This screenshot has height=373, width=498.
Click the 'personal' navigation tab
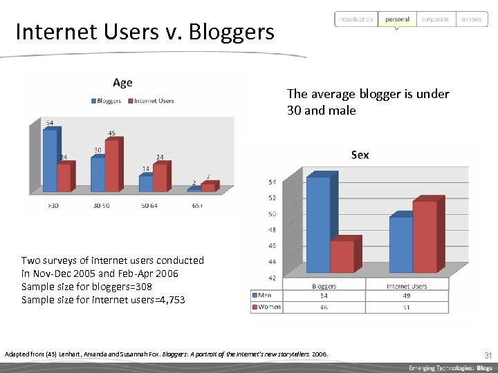[x=397, y=19]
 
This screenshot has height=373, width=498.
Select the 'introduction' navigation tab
[x=356, y=19]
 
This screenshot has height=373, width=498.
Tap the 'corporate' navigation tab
[x=435, y=19]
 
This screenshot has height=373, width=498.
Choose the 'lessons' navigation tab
[x=471, y=19]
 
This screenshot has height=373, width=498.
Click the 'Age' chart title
[x=122, y=83]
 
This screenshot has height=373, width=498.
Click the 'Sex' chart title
[x=360, y=155]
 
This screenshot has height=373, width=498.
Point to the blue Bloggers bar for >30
[x=49, y=160]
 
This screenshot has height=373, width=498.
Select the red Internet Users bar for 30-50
[x=111, y=166]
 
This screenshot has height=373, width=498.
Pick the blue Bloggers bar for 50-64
[x=145, y=183]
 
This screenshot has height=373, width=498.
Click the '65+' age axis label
[x=197, y=205]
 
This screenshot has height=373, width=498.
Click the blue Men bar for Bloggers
[x=318, y=224]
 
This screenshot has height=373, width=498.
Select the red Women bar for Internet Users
[x=424, y=236]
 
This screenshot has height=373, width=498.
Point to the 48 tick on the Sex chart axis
[x=272, y=230]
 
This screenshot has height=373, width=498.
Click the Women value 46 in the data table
[x=324, y=307]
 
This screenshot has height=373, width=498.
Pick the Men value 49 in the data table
[x=407, y=296]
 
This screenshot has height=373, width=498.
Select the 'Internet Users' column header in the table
[x=407, y=285]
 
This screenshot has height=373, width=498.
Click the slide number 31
[x=488, y=355]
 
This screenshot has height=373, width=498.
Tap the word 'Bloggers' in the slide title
[x=231, y=32]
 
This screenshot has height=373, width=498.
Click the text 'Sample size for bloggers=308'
[x=86, y=287]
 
